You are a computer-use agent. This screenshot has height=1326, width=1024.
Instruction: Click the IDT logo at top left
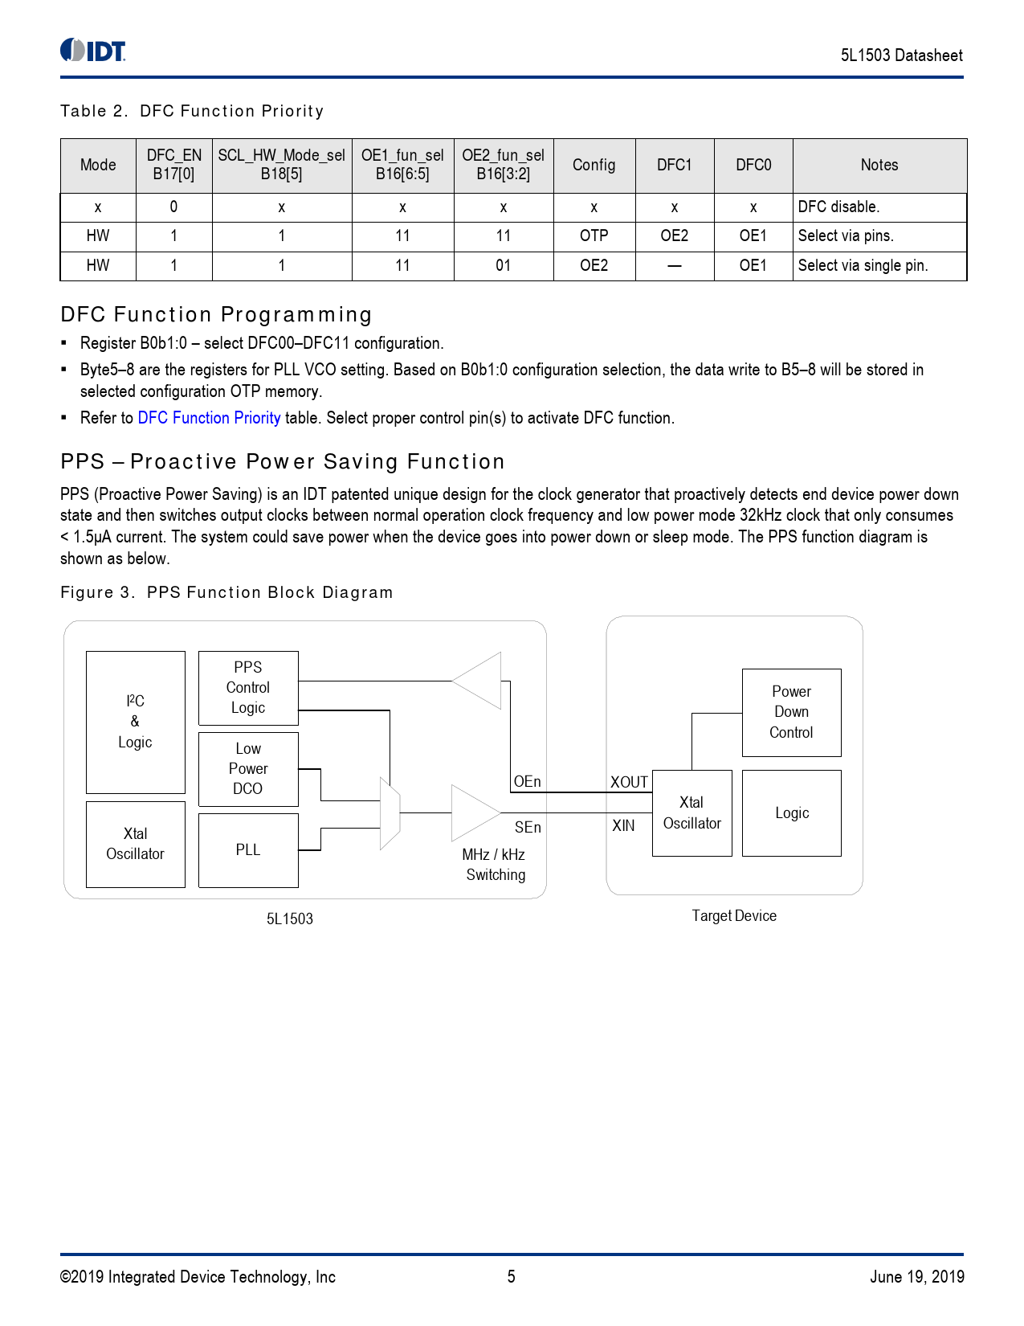pos(93,51)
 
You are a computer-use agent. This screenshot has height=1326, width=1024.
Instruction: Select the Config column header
pos(594,165)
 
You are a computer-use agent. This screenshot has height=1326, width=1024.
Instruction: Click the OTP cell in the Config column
pos(594,235)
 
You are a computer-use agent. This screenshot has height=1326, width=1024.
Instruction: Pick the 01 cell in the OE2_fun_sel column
pos(503,265)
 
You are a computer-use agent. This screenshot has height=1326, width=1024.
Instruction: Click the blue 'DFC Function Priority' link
pos(209,418)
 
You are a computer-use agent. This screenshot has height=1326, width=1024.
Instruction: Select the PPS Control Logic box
pos(248,688)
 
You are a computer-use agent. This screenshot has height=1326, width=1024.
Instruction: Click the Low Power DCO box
pos(248,769)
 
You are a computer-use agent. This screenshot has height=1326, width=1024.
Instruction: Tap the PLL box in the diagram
pos(248,850)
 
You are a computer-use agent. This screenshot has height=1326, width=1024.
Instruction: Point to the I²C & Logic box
pos(135,722)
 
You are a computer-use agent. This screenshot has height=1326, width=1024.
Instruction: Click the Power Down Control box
pos(791,712)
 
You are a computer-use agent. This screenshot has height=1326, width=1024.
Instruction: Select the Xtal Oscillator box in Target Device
pos(692,812)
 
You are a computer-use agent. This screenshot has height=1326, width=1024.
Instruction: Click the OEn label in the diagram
pos(527,782)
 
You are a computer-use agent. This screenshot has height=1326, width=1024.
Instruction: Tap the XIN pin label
pos(623,826)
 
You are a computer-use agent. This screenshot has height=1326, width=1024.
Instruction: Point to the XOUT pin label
pos(629,782)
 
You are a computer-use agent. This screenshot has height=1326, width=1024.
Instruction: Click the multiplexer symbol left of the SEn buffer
pos(390,813)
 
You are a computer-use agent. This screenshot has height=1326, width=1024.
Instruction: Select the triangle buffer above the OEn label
pos(480,681)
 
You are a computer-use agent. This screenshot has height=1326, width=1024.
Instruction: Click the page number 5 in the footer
pos(511,1276)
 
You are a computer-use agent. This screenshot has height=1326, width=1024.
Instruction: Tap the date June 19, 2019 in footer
pos(916,1276)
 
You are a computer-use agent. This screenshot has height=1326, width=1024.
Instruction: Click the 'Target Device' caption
pos(734,916)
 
